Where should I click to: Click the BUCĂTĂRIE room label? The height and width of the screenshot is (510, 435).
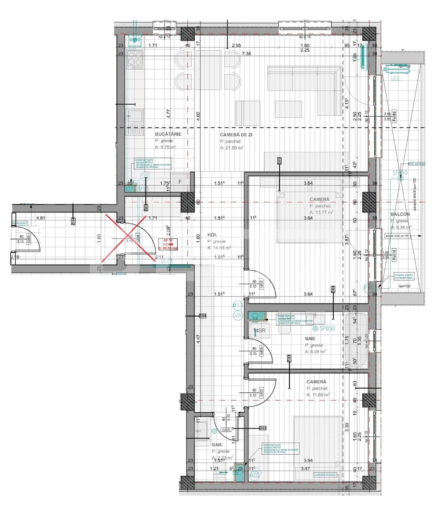[168, 134]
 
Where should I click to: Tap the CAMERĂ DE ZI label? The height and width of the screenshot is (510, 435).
[236, 135]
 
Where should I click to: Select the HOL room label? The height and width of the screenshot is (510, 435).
[212, 235]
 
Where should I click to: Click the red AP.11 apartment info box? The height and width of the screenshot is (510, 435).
[170, 244]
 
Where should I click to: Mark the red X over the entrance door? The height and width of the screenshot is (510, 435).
[124, 238]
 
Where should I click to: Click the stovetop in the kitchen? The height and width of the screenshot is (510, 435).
[135, 59]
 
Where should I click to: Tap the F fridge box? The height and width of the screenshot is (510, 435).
[180, 182]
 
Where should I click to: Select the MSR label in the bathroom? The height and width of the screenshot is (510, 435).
[260, 331]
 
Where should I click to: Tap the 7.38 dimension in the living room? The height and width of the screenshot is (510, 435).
[246, 54]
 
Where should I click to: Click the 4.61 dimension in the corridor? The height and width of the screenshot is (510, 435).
[41, 218]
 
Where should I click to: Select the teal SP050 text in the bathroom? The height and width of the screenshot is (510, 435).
[324, 328]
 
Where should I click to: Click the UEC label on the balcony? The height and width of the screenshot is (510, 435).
[395, 78]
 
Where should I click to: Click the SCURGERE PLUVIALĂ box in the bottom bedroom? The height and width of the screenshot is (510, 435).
[325, 475]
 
